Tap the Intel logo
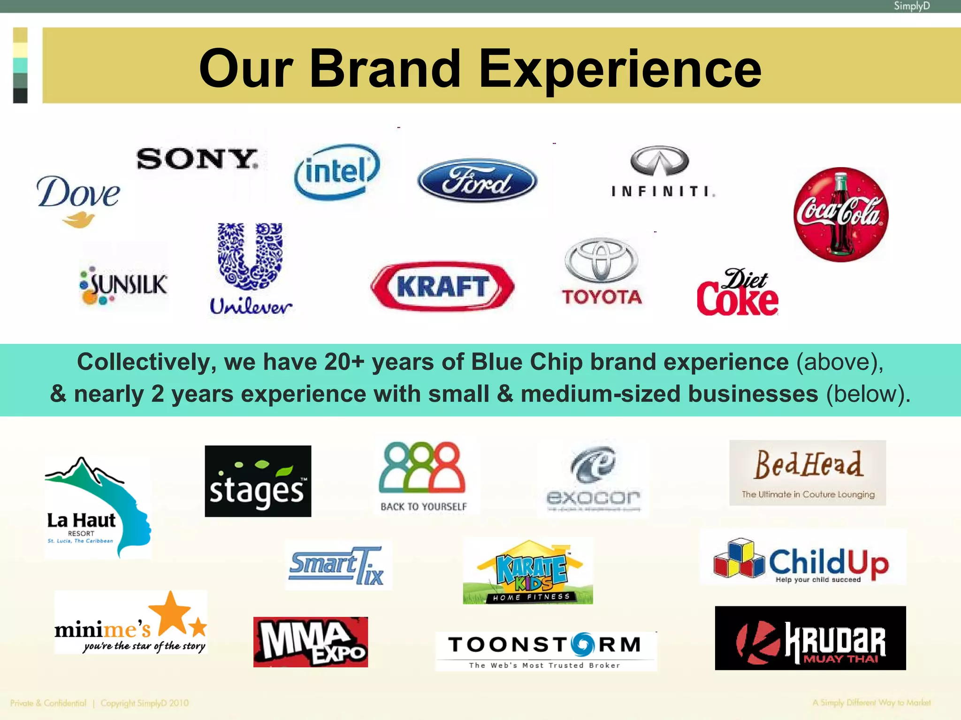[337, 171]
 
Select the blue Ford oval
[477, 180]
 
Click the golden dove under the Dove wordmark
[79, 219]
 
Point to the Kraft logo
[442, 286]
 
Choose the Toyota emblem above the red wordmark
[601, 260]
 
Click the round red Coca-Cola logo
[840, 214]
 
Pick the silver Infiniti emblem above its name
[660, 161]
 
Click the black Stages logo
[258, 481]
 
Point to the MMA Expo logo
[311, 642]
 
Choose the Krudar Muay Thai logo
[810, 638]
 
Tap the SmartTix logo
[338, 565]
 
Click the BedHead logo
[808, 473]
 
